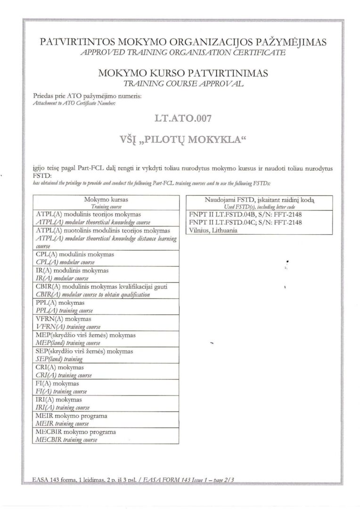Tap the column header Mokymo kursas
tap(106, 199)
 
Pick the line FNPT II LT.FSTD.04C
tap(245, 222)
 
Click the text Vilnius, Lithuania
tap(213, 230)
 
